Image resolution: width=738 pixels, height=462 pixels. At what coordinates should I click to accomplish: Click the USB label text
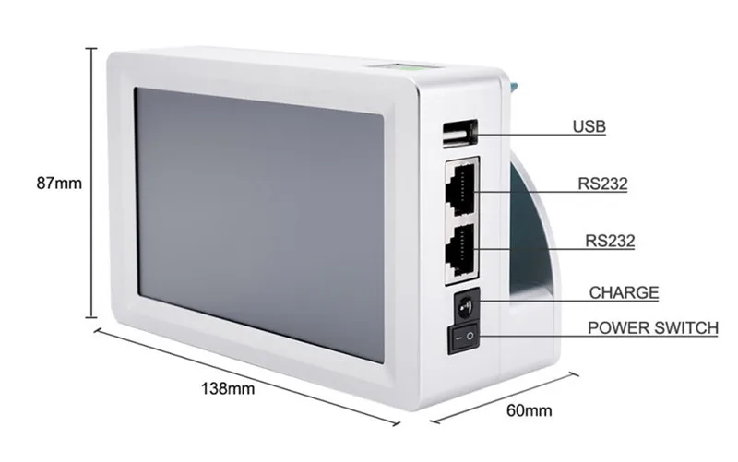tap(589, 126)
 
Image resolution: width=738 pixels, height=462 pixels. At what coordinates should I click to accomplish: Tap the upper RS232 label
tap(602, 184)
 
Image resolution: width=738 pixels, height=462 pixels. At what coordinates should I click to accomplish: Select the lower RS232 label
tap(610, 242)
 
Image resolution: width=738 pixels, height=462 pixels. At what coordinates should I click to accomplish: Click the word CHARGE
tap(625, 293)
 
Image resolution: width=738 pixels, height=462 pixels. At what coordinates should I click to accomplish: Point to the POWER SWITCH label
tap(652, 326)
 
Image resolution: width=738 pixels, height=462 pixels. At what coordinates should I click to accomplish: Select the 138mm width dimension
tap(228, 388)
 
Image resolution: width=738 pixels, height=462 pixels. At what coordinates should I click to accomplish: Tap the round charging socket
tap(464, 305)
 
